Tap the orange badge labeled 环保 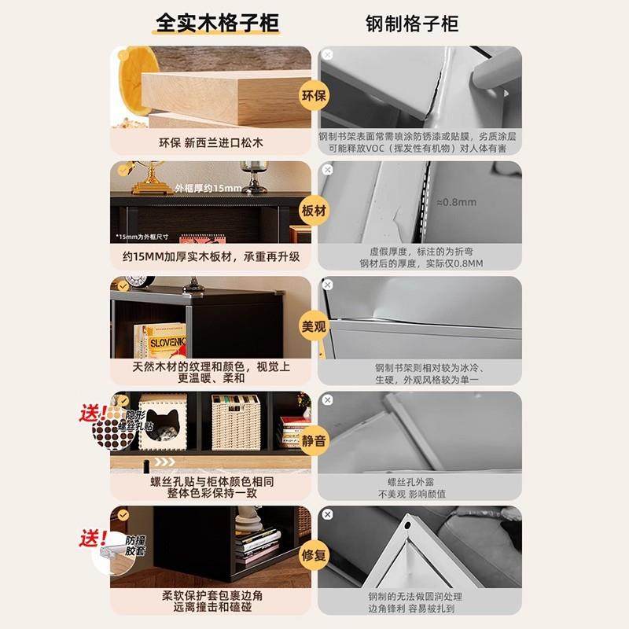[x=314, y=97]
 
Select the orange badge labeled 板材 [x=314, y=211]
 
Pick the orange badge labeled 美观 [x=314, y=326]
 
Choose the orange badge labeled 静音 [x=314, y=440]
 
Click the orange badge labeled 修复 [x=314, y=554]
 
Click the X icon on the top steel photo [x=328, y=54]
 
